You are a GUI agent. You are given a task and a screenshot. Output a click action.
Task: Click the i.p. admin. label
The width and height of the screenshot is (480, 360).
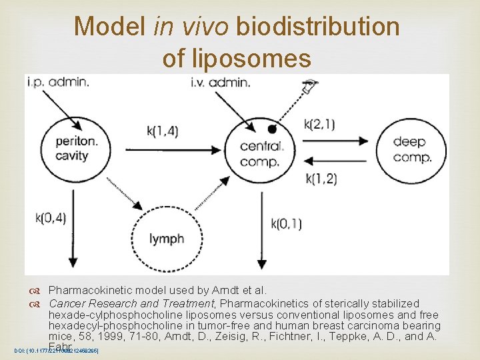click(x=58, y=82)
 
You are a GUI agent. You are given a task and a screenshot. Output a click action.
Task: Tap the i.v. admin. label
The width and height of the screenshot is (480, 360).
click(x=220, y=83)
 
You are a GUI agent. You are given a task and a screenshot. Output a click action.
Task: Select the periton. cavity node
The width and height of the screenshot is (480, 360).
click(x=77, y=147)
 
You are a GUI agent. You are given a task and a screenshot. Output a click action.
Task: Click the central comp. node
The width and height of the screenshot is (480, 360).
click(x=262, y=153)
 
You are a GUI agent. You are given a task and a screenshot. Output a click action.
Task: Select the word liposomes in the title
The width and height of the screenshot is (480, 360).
click(x=237, y=59)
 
